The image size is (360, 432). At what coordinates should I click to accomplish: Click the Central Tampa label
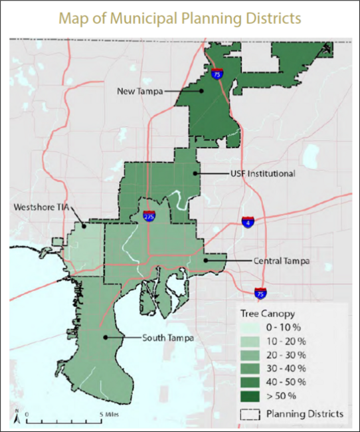tap(282, 261)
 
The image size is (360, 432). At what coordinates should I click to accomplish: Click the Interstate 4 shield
tap(248, 223)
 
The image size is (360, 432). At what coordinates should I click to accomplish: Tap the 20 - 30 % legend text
tap(287, 355)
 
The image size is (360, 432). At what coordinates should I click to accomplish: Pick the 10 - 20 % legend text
tap(287, 342)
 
